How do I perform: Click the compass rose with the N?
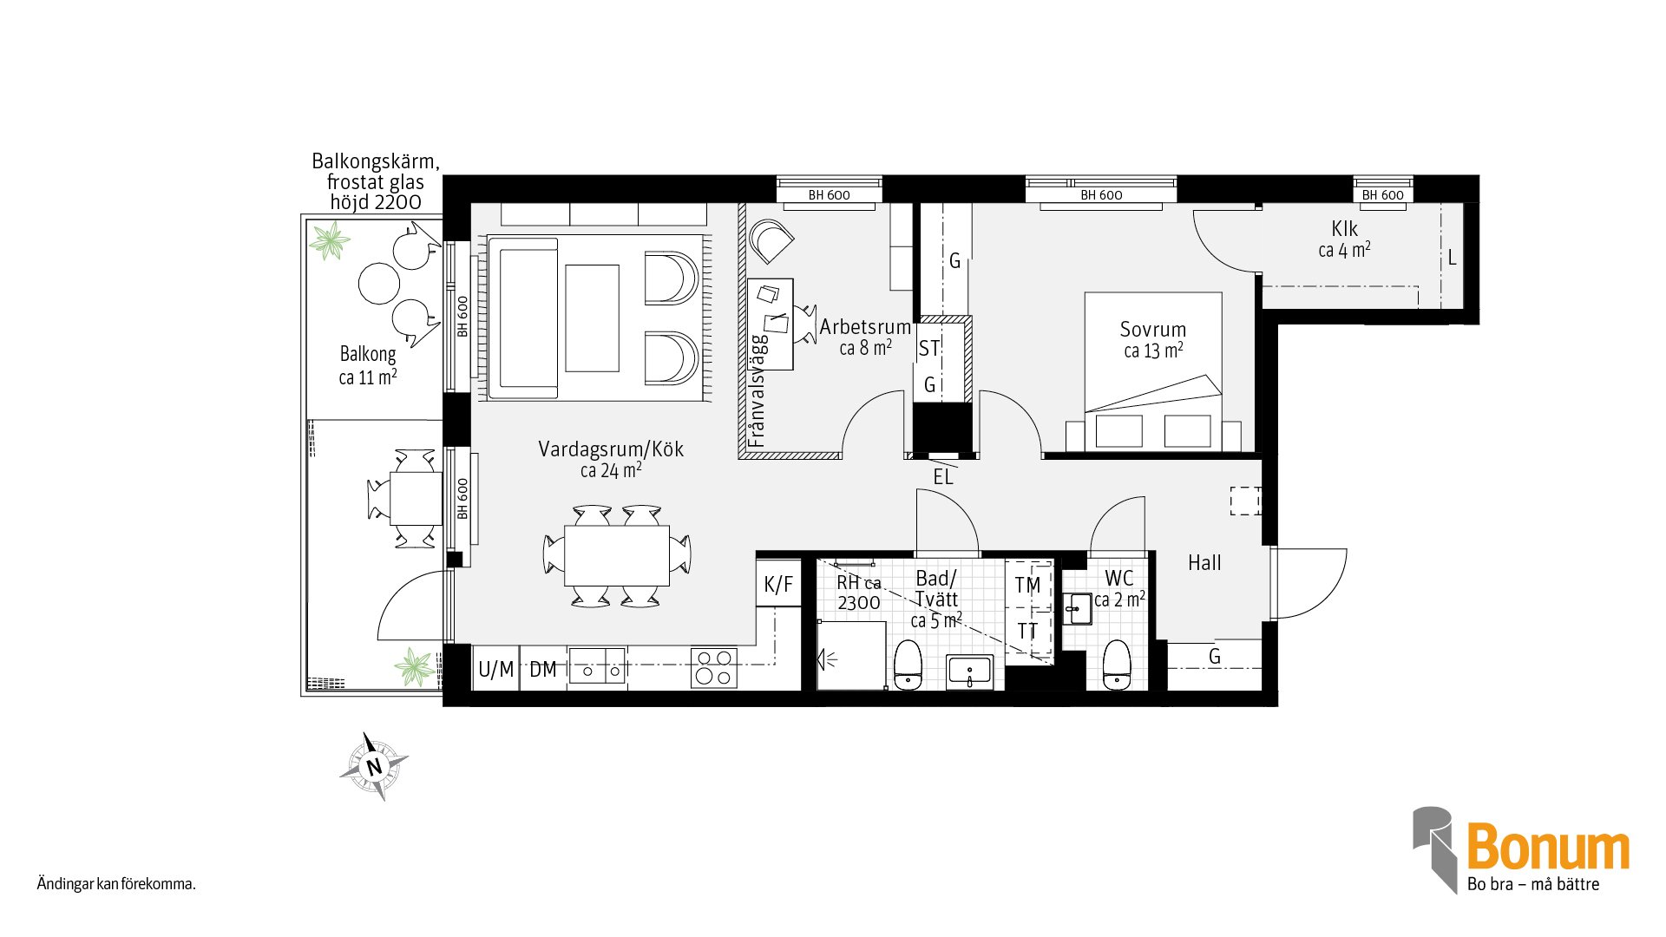coord(374,766)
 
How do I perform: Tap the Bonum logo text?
coord(1548,848)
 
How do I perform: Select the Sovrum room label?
coord(1152,330)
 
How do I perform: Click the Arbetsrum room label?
coord(865,327)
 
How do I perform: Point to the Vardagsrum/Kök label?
coord(611,449)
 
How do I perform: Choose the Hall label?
coord(1204,563)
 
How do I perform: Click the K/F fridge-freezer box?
coord(778,584)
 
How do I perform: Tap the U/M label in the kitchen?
coord(496,669)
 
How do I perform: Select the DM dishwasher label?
coord(543,669)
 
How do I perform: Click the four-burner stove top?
coord(714,668)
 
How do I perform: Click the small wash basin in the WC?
coord(1079,609)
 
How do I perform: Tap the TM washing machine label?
coord(1027,586)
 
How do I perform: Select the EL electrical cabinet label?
coord(943,476)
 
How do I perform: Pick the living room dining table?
coord(617,555)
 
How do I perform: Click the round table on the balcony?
coord(379,283)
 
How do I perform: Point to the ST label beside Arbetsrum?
coord(929,349)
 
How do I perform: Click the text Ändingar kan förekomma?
coord(116,885)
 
